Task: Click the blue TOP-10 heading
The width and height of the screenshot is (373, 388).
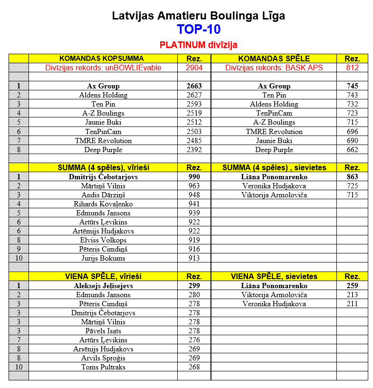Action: click(x=199, y=29)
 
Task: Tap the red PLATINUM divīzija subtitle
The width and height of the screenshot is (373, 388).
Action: click(x=199, y=45)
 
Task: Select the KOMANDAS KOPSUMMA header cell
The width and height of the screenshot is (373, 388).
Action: click(x=103, y=58)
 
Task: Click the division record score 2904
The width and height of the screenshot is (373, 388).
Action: click(x=194, y=68)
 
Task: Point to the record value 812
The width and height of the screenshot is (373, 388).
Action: click(x=352, y=68)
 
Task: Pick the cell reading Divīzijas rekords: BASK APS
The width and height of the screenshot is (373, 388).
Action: click(x=274, y=68)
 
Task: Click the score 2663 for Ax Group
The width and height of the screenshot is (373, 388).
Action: click(x=194, y=86)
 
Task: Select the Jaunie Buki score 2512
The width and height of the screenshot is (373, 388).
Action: click(x=194, y=122)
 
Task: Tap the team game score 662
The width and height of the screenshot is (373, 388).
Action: click(x=352, y=150)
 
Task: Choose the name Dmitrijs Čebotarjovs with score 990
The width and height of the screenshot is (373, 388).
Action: click(x=103, y=177)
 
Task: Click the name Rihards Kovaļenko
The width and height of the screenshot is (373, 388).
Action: click(x=103, y=204)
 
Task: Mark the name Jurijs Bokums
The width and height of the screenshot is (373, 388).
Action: click(x=103, y=258)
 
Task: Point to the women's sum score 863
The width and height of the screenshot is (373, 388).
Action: click(x=352, y=177)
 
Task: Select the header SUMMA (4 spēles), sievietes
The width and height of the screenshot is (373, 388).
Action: click(x=274, y=168)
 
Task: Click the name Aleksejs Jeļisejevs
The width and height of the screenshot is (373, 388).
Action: click(x=103, y=286)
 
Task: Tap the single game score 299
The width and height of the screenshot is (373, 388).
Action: click(x=194, y=286)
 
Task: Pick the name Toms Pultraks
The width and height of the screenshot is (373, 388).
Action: click(x=103, y=367)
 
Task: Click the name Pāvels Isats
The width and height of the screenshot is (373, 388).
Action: click(x=103, y=331)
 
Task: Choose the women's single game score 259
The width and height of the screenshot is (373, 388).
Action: click(x=352, y=286)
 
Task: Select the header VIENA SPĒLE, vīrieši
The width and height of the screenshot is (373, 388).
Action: click(x=103, y=276)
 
